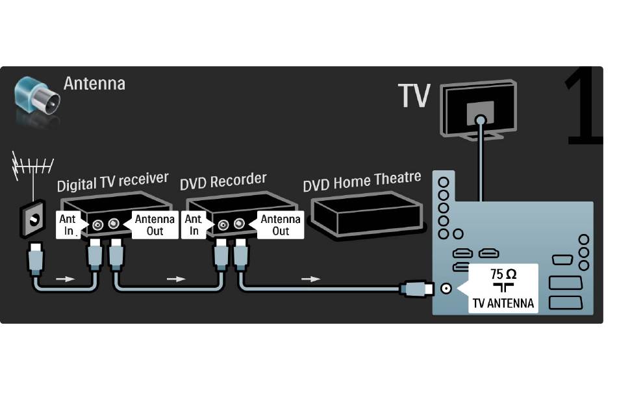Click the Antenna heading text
pos(94,83)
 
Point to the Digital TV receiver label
pos(112,181)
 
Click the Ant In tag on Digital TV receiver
pos(69,225)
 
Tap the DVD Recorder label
pos(223,180)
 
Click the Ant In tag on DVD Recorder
pos(194,225)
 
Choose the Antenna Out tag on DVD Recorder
pos(280,225)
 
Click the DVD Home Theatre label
pos(362,181)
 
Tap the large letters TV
pos(414,96)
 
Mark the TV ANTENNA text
pos(503,303)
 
